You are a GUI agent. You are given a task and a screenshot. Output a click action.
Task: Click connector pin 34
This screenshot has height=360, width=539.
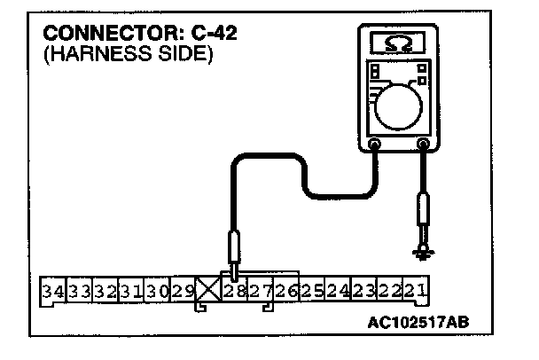[52, 290]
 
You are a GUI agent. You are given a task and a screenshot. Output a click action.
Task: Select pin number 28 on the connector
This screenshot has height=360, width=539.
[235, 290]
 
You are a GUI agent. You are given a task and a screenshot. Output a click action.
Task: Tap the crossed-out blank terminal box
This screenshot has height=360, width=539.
[208, 290]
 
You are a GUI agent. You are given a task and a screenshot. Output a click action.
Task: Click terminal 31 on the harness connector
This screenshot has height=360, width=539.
[131, 290]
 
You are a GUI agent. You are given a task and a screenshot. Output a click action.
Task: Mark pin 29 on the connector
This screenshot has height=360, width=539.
[183, 290]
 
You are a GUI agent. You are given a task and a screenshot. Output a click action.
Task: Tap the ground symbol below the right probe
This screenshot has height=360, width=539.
[424, 254]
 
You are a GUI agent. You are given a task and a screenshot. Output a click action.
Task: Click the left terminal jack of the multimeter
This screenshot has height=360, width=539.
[375, 143]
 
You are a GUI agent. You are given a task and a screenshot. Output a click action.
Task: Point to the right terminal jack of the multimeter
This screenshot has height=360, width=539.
[424, 143]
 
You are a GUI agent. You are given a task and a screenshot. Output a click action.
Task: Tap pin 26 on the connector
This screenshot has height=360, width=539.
[285, 290]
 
